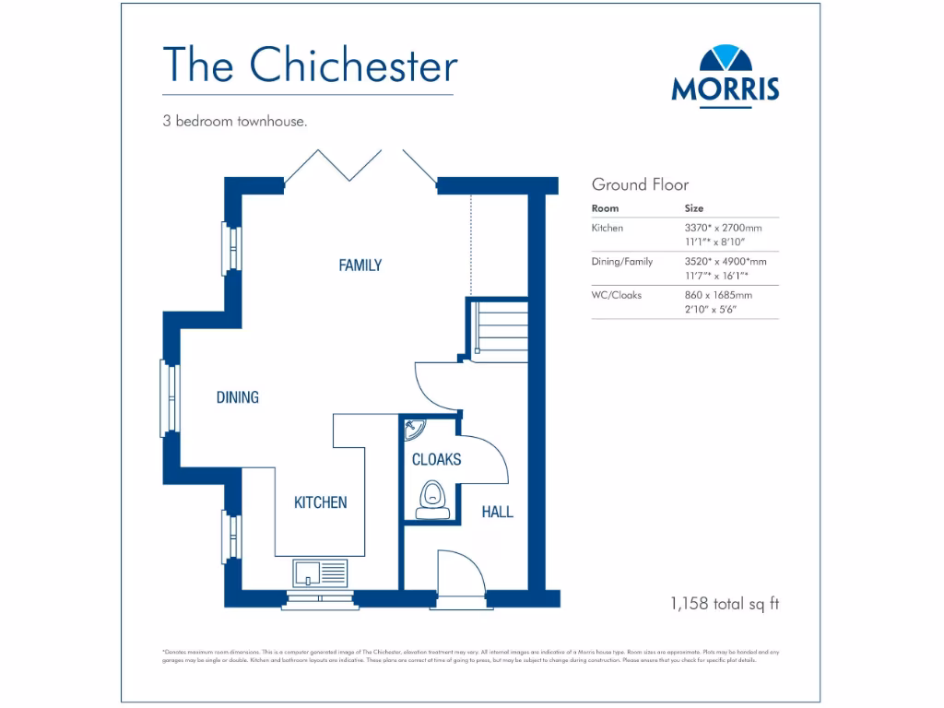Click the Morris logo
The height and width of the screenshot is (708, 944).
tap(725, 75)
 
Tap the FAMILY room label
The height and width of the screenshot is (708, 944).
tap(360, 265)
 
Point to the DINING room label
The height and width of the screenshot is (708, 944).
tap(237, 397)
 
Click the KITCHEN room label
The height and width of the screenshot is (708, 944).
tap(320, 502)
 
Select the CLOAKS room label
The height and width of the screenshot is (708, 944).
tap(436, 459)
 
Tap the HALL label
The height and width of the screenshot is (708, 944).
tap(498, 512)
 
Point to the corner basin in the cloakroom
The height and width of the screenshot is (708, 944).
tap(412, 430)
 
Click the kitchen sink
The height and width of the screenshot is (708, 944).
tap(319, 572)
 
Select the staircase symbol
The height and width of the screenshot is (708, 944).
tap(499, 326)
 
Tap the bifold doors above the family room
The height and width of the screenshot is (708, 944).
tap(360, 164)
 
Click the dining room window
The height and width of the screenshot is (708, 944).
tap(169, 398)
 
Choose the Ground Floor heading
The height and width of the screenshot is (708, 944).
tap(640, 184)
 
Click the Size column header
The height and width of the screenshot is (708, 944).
tap(693, 208)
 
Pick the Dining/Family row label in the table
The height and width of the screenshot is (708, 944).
tap(621, 262)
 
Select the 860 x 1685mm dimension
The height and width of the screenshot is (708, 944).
tap(718, 295)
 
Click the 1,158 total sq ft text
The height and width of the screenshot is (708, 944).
tap(725, 604)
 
